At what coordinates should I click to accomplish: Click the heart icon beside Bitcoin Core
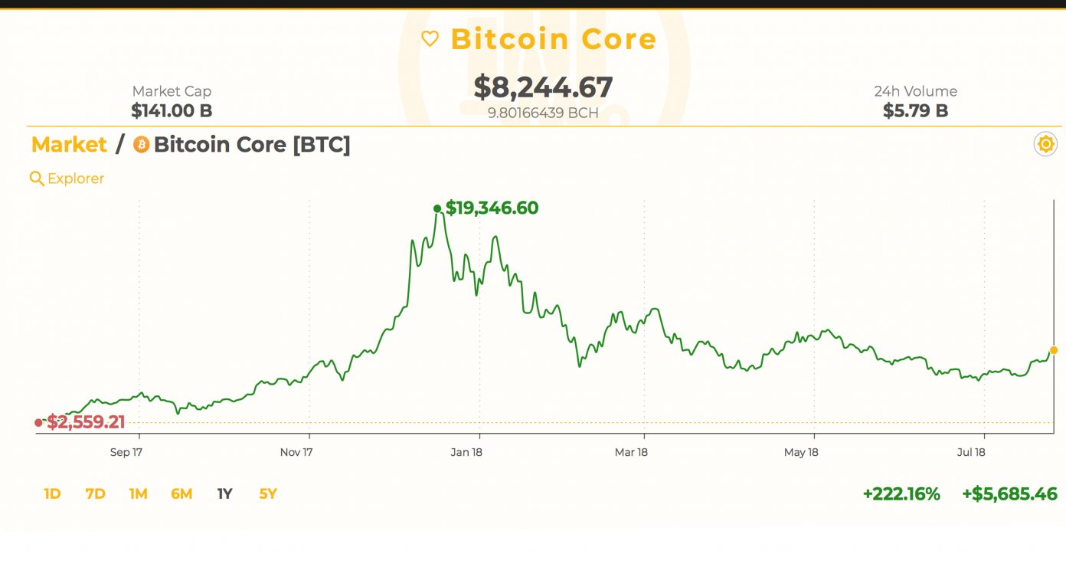coord(430,38)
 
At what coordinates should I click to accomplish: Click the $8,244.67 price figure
coord(543,87)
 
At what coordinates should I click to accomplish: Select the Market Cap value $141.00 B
coord(172,110)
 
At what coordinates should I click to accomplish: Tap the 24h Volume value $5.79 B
coord(915,110)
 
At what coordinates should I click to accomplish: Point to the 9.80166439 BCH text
coord(543,113)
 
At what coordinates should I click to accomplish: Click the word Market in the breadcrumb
coord(69,144)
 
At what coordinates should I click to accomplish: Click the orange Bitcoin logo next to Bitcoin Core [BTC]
coord(141,144)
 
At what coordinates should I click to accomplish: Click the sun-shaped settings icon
coord(1045,144)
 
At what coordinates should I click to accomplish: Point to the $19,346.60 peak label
coord(492,208)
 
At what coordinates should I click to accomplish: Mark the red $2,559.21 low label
coord(86,421)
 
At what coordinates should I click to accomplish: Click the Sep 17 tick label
coord(126,452)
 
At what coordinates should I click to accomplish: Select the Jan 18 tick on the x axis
coord(466,452)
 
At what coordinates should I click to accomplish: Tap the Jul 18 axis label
coord(971,452)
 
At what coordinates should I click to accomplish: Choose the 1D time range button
coord(52,494)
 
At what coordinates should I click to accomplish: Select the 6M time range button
coord(181,494)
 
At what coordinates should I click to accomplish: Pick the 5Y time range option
coord(267,494)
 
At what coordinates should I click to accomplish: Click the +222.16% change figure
coord(901,494)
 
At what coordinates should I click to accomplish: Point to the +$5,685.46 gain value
coord(1009,494)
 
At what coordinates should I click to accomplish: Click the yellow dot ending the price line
coord(1055,349)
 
